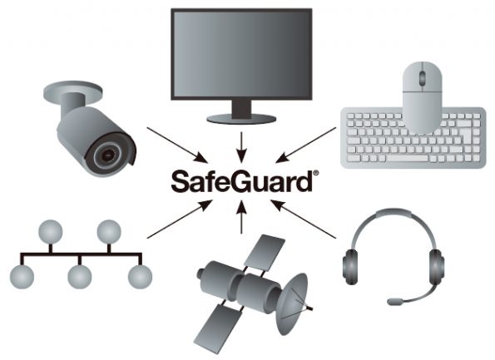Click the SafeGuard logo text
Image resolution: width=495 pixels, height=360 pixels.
[x=242, y=181]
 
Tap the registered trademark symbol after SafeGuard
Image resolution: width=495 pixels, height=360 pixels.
[x=315, y=173]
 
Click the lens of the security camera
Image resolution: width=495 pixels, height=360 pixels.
[x=108, y=155]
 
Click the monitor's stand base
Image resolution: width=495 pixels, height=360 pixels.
[x=241, y=119]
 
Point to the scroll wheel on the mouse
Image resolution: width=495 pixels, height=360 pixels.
[x=422, y=78]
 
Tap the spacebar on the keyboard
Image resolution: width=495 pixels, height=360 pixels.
[x=408, y=158]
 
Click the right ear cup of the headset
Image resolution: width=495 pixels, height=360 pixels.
[x=437, y=267]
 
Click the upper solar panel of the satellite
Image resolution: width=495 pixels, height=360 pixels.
[x=265, y=253]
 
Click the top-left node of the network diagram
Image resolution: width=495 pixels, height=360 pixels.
[x=51, y=232]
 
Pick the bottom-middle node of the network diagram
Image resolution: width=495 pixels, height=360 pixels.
[x=80, y=277]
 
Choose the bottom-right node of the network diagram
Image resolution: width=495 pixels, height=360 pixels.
[x=140, y=277]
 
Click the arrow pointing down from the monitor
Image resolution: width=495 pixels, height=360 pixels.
[x=241, y=147]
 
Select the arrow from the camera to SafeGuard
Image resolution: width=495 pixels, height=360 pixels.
[x=178, y=145]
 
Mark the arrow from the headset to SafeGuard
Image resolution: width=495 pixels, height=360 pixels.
[x=303, y=219]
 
